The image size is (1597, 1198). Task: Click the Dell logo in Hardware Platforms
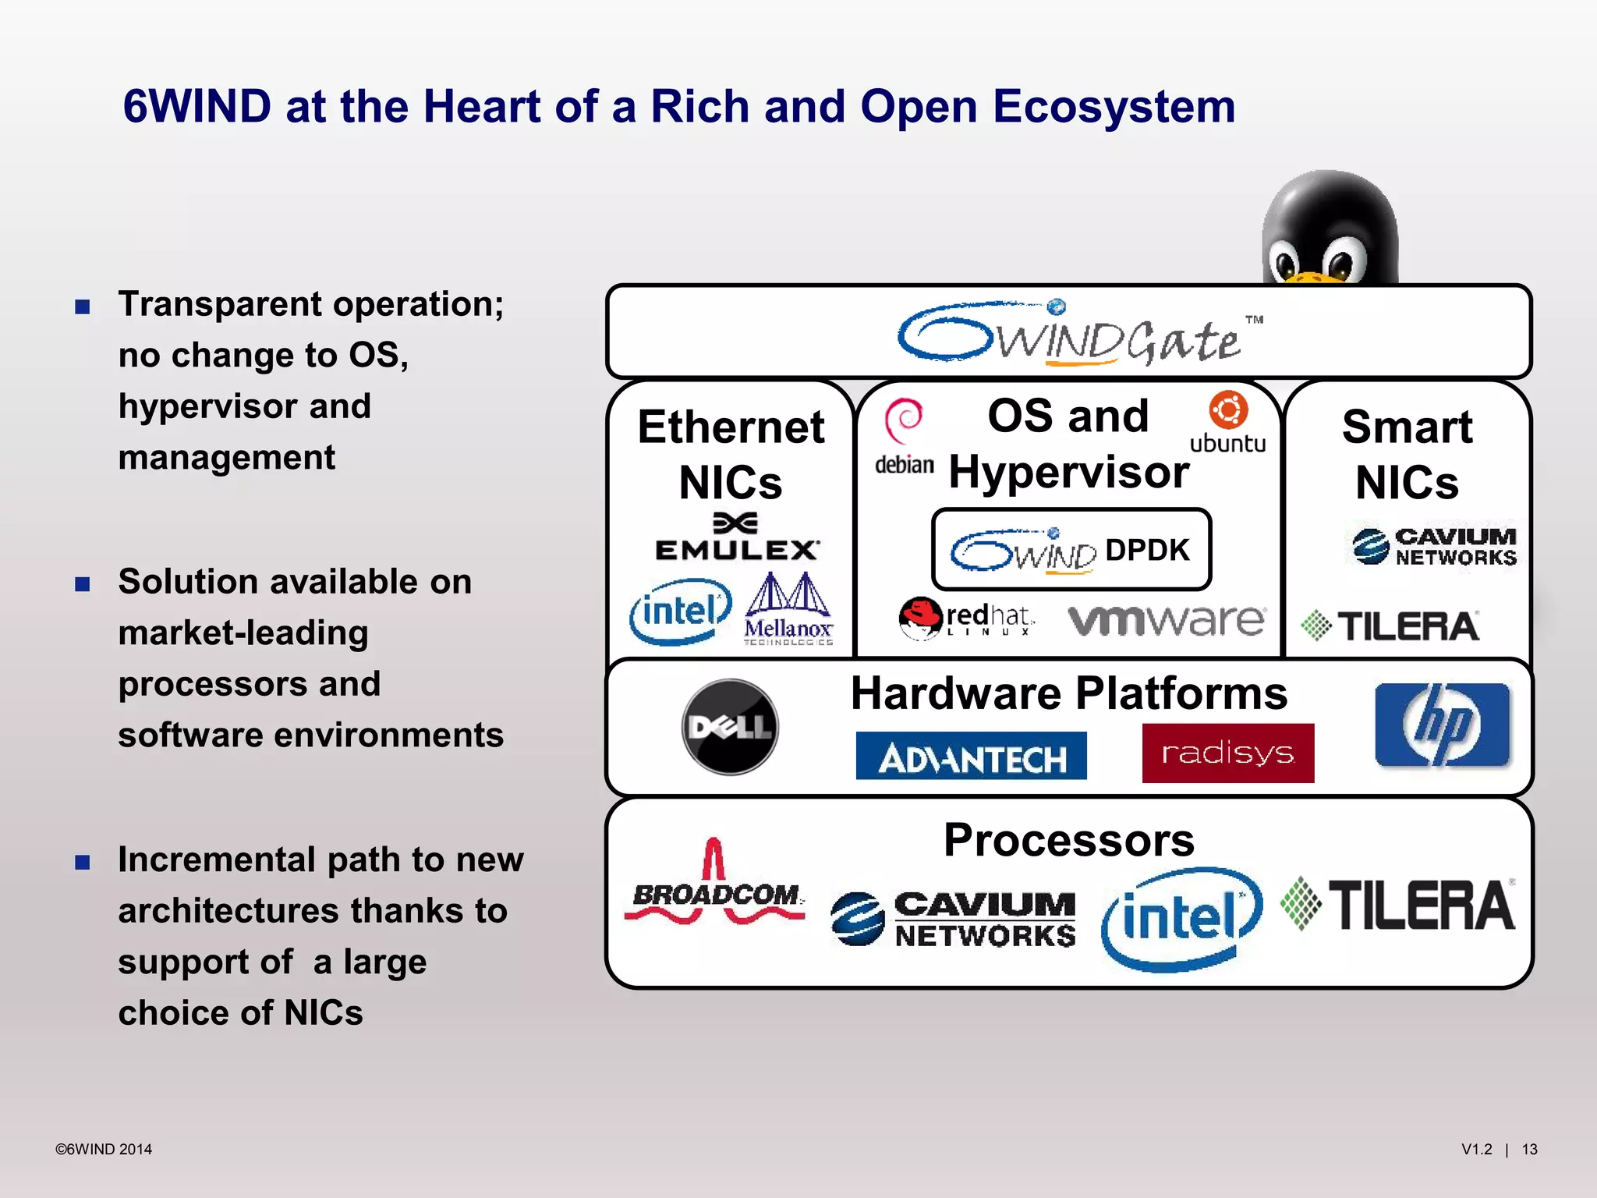point(730,727)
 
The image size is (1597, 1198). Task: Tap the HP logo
point(1443,725)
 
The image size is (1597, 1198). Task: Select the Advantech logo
point(971,756)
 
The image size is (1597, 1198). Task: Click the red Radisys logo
point(1228,753)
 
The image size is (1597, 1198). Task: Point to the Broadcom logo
point(714,885)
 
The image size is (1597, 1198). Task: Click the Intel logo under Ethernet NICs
point(680,611)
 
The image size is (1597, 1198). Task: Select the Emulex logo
point(737,538)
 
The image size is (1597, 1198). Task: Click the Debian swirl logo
point(905,421)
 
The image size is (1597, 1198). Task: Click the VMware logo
point(1167,620)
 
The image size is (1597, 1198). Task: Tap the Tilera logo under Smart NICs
point(1390,626)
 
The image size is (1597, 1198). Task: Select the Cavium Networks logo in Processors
point(954,919)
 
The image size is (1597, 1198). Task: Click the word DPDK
point(1147,550)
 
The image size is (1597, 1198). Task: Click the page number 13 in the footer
point(1529,1149)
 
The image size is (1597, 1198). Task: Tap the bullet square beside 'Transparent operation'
point(83,307)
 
